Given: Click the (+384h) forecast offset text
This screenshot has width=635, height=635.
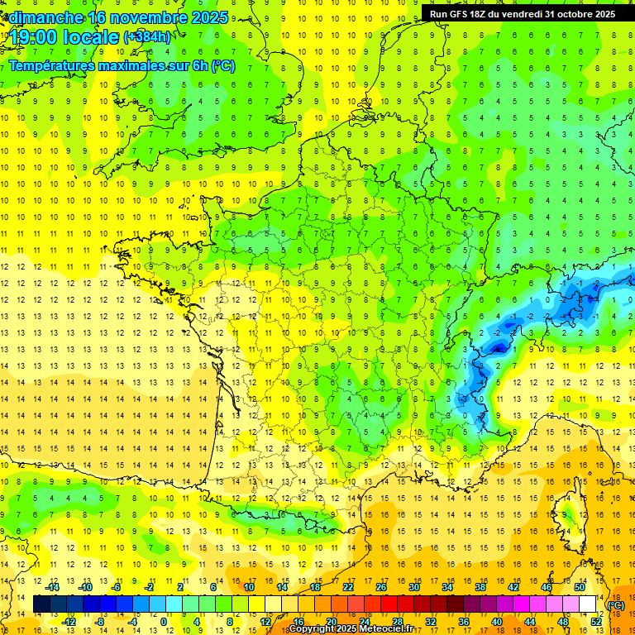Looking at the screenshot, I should click(147, 37).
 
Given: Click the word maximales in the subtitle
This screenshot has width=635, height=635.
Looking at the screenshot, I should click(140, 65).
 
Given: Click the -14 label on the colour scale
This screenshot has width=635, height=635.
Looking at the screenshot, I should click(55, 588).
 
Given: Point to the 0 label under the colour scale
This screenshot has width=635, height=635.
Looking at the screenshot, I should click(164, 622).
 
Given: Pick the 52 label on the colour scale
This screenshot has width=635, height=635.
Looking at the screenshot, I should click(595, 622).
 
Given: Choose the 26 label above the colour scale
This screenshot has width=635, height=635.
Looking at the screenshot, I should click(381, 588).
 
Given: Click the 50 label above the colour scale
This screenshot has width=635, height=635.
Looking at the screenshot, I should click(580, 588).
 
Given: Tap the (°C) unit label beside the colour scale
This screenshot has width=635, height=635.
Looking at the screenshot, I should click(616, 605).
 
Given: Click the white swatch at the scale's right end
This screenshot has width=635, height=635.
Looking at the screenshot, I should click(588, 604).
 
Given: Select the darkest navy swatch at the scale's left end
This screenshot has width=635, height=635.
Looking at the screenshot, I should click(41, 604).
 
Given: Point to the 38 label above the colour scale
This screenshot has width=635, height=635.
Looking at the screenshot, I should click(480, 588).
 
